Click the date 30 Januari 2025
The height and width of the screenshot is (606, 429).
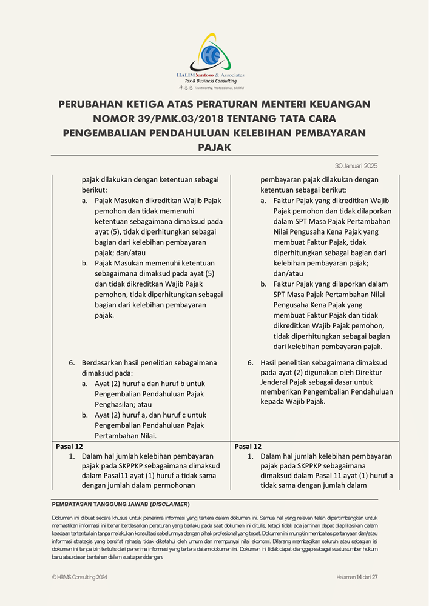tap(356, 165)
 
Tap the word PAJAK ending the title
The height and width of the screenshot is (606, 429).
tap(214, 147)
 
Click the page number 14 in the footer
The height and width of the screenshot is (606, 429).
tap(359, 578)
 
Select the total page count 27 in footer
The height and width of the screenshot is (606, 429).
tap(375, 578)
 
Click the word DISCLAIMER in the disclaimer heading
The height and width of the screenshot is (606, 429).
tap(172, 504)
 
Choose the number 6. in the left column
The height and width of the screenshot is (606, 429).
tap(72, 363)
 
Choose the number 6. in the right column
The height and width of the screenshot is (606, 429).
tap(250, 363)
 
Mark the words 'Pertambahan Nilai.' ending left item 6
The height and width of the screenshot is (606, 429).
tap(125, 435)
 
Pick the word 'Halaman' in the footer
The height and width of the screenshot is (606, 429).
tap(346, 578)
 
